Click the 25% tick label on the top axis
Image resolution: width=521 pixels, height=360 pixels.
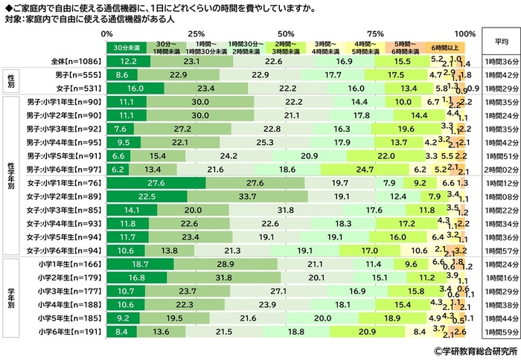[x=197, y=34]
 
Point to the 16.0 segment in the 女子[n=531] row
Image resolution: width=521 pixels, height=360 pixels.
[x=135, y=88]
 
